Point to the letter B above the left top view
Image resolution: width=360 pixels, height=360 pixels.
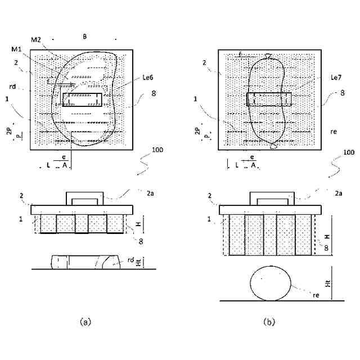tap(84, 37)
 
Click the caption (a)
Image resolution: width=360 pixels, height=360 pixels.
tap(85, 322)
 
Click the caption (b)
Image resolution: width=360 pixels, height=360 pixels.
tap(269, 322)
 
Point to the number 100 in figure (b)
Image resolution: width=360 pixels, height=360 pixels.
tap(349, 152)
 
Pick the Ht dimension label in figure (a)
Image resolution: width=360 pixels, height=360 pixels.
tap(140, 262)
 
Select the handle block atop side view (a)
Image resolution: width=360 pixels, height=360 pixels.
tap(85, 198)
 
